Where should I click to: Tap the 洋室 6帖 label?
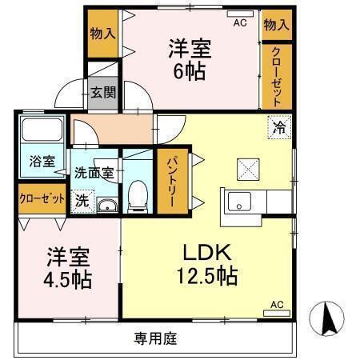click(190, 58)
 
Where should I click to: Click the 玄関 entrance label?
click(102, 91)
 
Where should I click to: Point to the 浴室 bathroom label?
click(42, 161)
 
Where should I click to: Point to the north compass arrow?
click(327, 319)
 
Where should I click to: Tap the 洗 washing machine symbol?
click(83, 201)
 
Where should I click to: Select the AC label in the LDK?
click(276, 305)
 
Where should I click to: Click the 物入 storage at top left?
click(102, 34)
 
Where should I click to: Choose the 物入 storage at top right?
click(276, 26)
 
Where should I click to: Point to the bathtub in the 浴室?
click(42, 130)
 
